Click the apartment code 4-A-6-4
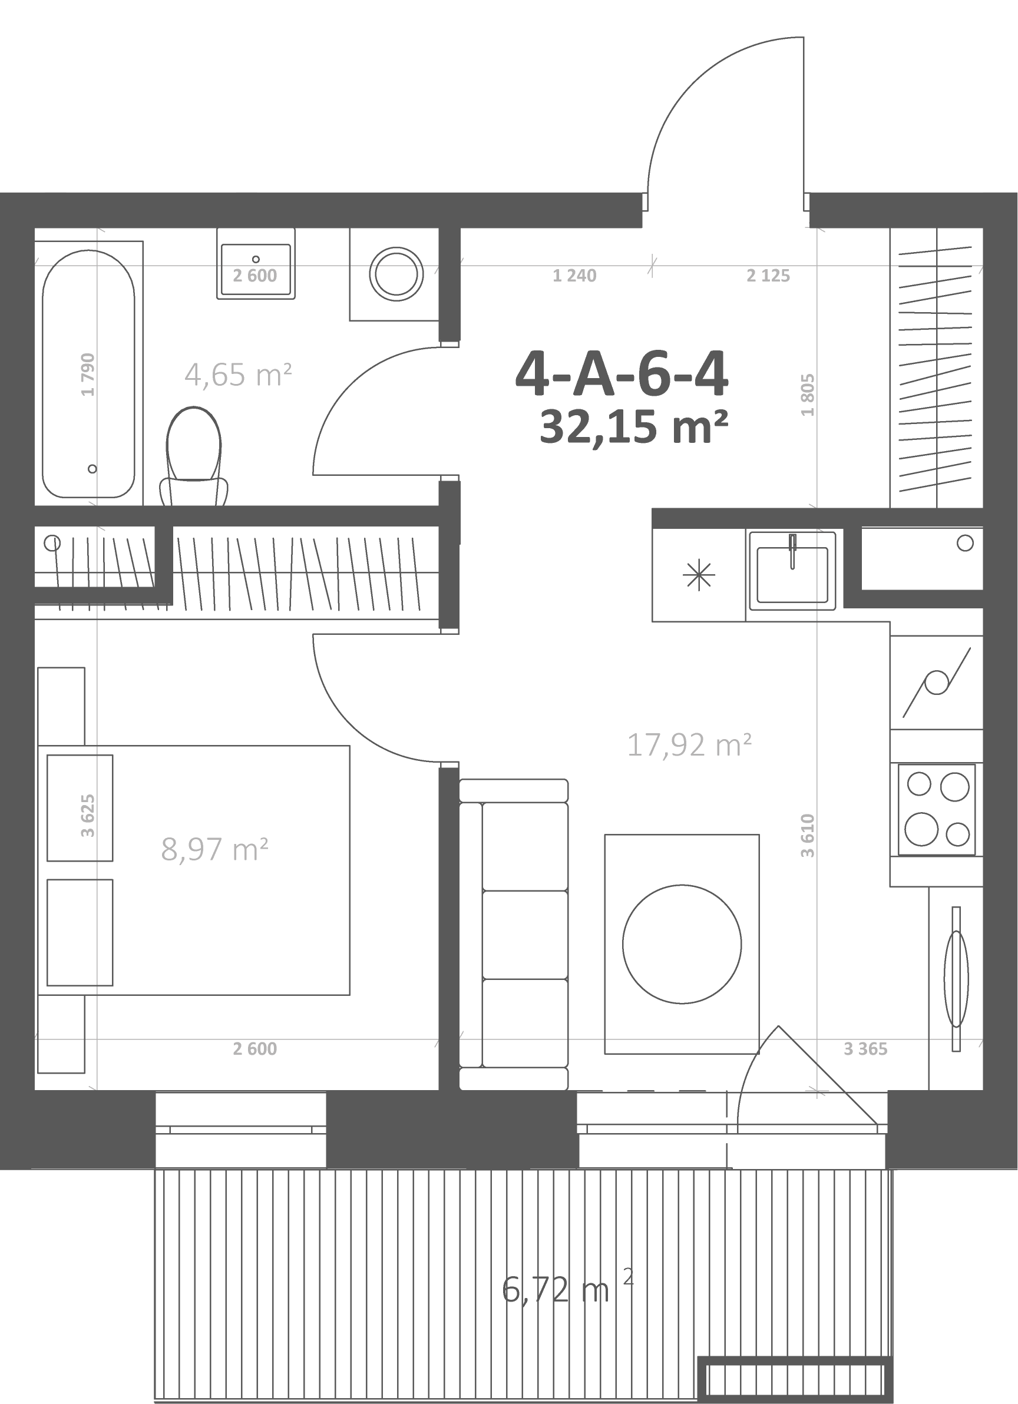click(x=622, y=375)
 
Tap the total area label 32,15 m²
click(x=633, y=427)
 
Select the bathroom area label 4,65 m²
click(x=239, y=375)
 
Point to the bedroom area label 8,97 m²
click(x=214, y=849)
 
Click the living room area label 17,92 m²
click(x=689, y=745)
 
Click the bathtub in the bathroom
click(x=88, y=373)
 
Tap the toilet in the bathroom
click(x=194, y=456)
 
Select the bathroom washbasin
click(x=256, y=264)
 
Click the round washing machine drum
click(x=396, y=274)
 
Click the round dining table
click(x=682, y=945)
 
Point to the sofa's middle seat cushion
click(x=525, y=935)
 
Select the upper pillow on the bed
click(x=80, y=808)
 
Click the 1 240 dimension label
click(x=574, y=276)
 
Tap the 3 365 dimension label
click(x=865, y=1049)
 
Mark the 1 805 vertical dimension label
click(x=808, y=395)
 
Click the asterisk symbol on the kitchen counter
click(x=699, y=575)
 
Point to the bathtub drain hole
click(x=92, y=469)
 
